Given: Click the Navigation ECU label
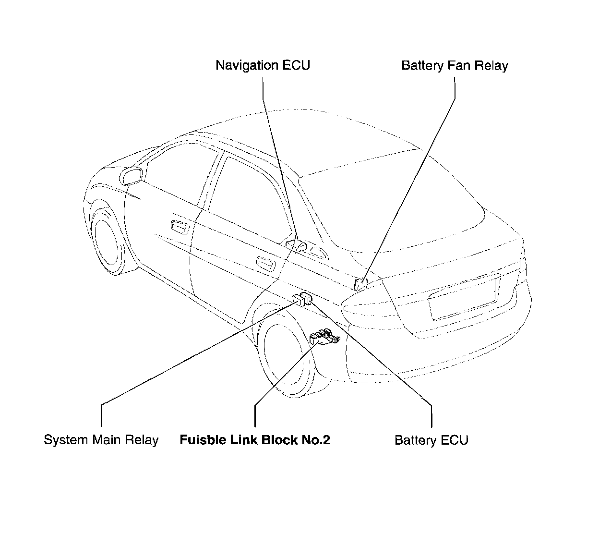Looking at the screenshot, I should tap(263, 65).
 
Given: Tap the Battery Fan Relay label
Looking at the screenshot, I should tap(455, 65).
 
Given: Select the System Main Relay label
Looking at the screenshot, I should tap(101, 440).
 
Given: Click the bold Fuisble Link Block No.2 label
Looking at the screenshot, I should tap(255, 440).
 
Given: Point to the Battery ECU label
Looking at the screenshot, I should tap(431, 440).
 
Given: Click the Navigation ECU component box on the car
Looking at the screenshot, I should tap(296, 245).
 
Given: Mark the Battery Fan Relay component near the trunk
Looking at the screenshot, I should tap(360, 283).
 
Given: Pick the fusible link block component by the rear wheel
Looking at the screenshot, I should tap(325, 337).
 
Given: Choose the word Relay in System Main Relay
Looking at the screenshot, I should tap(142, 440).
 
